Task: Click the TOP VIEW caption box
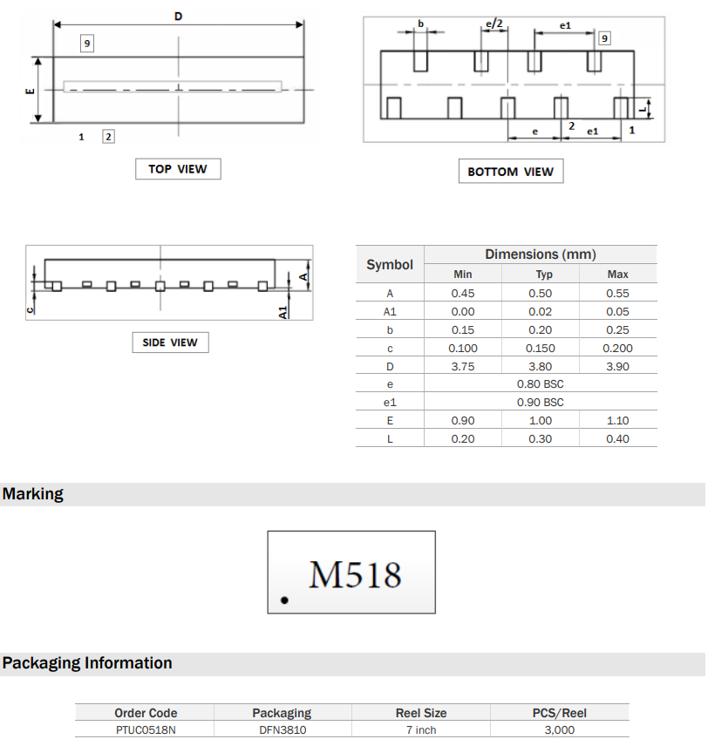178,169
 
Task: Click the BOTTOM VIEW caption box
510,172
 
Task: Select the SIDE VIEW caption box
170,342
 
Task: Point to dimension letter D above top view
179,17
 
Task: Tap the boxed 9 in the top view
88,43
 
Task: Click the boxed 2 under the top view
108,137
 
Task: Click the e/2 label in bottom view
494,24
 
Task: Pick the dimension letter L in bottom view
642,108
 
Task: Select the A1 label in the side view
283,311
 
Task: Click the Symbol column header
390,264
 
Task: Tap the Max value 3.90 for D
617,367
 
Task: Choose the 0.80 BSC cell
541,384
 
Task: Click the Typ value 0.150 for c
541,349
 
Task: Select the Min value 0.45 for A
463,294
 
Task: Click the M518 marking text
356,575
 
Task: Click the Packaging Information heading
87,663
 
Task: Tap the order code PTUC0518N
146,730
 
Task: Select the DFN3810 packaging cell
282,730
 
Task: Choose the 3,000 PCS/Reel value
559,730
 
